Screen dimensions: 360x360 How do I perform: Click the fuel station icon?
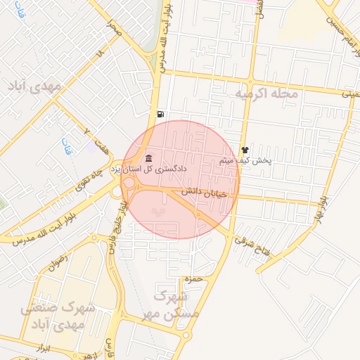pos(162,114)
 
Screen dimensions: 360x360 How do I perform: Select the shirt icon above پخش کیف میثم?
pos(245,150)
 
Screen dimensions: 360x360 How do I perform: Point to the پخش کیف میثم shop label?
pos(245,160)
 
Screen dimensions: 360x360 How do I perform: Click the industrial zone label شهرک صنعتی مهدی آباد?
pos(63,317)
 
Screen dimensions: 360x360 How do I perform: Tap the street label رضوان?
pos(60,265)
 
